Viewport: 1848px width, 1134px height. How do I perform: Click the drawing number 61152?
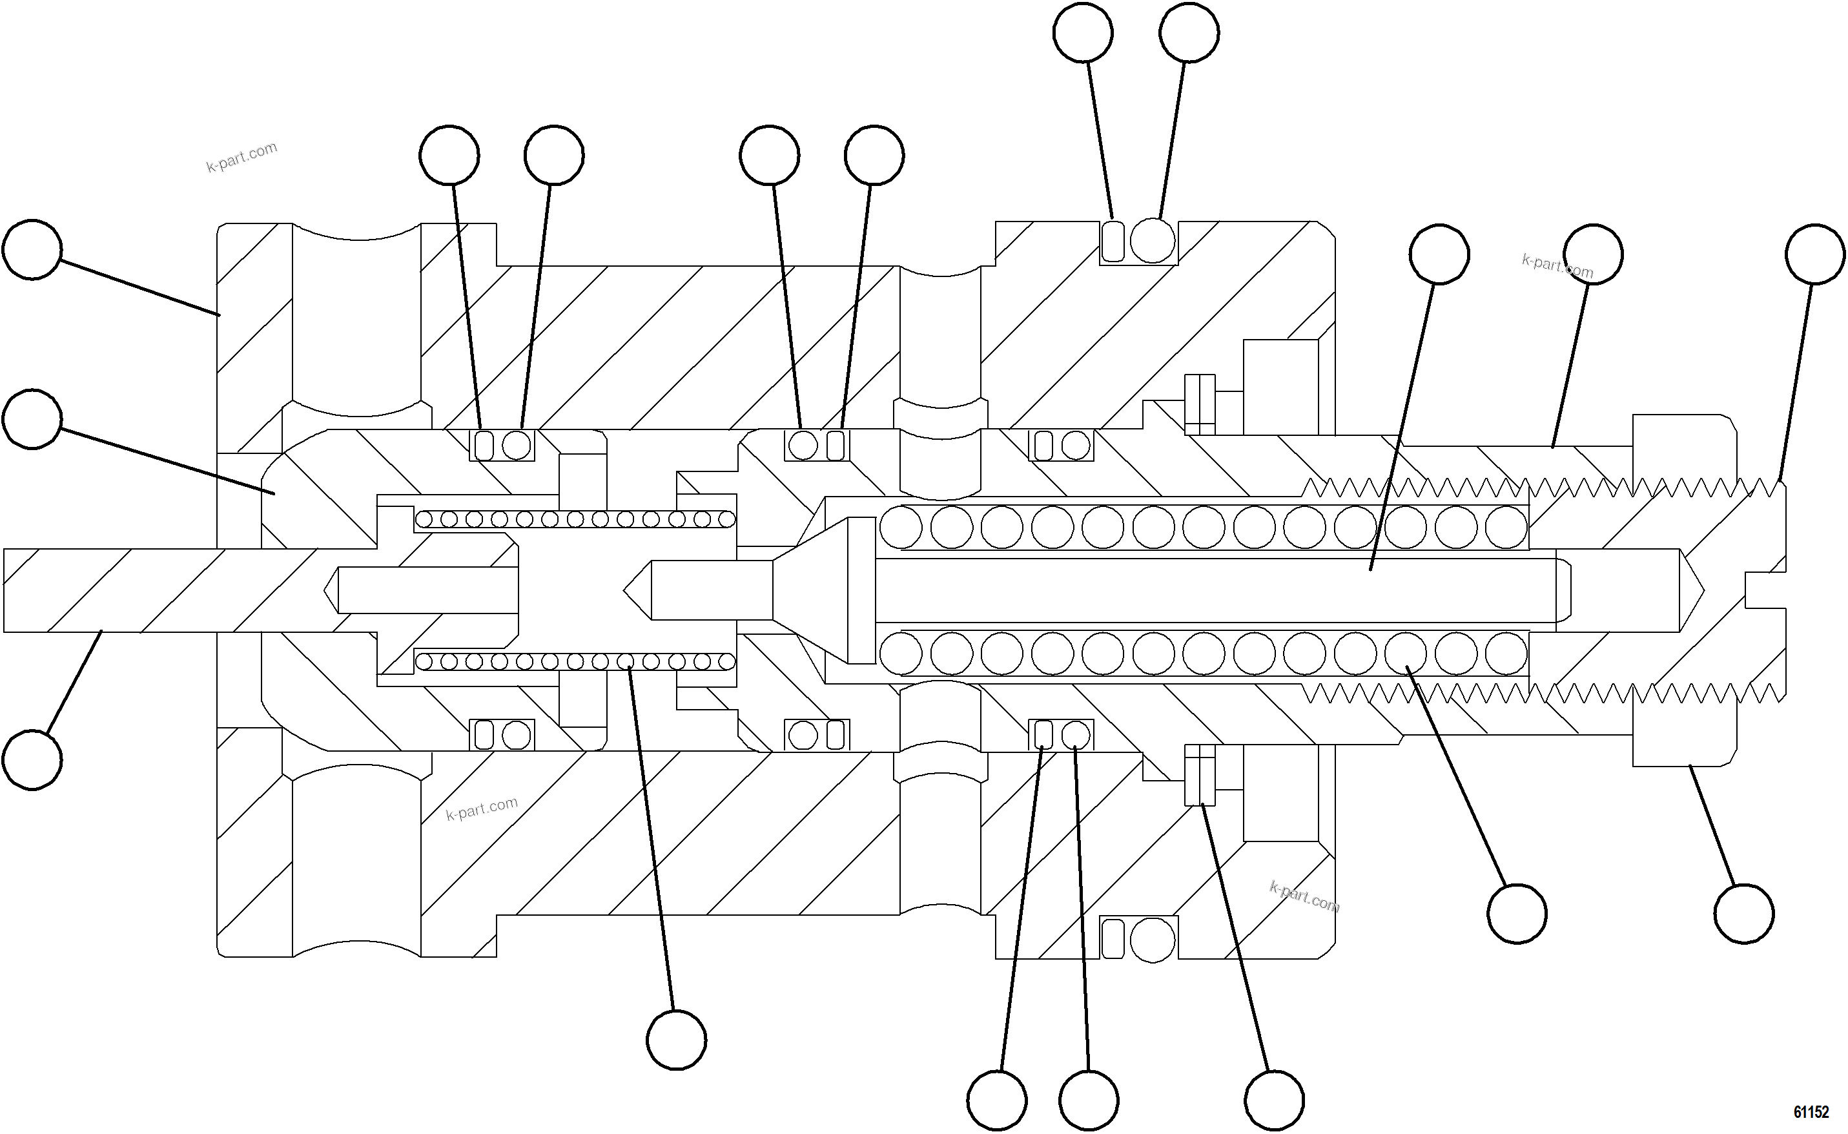tap(1811, 1111)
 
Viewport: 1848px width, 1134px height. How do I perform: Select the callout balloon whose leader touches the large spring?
tap(1517, 914)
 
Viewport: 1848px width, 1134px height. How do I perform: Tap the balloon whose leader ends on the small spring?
tap(676, 1040)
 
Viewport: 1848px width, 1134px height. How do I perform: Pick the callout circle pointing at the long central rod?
tap(1439, 254)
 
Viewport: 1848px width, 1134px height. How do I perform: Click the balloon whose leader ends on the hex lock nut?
tap(1744, 914)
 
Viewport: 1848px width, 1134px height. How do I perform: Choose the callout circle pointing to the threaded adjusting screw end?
tap(1814, 254)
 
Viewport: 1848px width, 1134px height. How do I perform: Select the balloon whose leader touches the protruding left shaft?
tap(32, 759)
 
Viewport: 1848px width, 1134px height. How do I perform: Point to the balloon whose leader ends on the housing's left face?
tap(32, 250)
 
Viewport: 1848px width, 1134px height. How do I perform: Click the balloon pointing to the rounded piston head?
tap(32, 418)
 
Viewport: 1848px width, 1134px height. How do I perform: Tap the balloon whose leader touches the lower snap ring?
tap(1274, 1100)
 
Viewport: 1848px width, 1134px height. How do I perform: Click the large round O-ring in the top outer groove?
tap(1152, 241)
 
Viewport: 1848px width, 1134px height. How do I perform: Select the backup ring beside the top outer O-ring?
tap(1114, 241)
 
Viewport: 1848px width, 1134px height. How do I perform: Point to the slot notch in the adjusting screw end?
tap(1764, 591)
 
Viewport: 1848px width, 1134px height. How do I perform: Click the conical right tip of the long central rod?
tap(1692, 591)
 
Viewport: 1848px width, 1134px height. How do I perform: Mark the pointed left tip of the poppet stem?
tap(636, 590)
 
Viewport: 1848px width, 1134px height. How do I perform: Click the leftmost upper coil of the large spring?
tap(901, 526)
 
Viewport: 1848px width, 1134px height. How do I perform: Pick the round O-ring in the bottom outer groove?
tap(1152, 939)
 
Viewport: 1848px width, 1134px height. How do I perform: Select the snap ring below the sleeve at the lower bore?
tap(1199, 775)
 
